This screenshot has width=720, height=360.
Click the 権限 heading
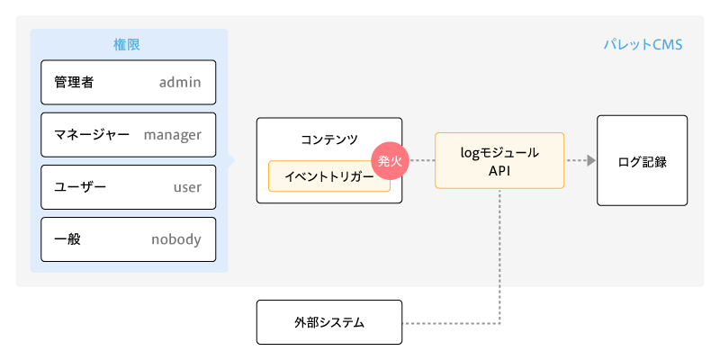pos(128,43)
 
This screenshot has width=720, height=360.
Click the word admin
pos(180,83)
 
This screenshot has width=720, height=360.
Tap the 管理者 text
pos(74,83)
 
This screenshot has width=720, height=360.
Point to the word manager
pos(173,135)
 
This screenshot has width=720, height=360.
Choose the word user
pos(187,187)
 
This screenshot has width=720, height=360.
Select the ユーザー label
pos(80,187)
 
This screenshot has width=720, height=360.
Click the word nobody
pos(176,239)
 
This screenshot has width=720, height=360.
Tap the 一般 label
pos(67,239)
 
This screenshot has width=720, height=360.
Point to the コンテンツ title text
pos(329,139)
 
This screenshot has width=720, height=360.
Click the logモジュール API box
pos(499,160)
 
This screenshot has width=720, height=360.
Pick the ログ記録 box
pos(642,160)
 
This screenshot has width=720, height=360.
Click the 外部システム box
pos(328,322)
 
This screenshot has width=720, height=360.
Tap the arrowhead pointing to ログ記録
pos(590,160)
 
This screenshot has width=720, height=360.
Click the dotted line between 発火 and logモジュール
pos(422,161)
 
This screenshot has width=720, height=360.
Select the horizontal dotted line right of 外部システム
pos(450,322)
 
